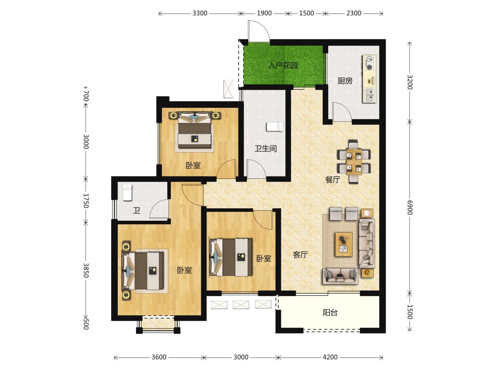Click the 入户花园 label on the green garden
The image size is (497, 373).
coord(283,65)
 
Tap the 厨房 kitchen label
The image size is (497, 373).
coord(345,81)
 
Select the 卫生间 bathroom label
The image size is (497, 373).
coord(266,149)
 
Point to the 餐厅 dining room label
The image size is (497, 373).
coord(333,180)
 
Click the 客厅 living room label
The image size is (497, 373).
coord(300,255)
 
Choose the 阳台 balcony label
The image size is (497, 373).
coord(330,313)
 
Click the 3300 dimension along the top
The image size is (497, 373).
coord(200,13)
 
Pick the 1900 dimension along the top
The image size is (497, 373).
coord(264,13)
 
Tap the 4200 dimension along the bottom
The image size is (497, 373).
coord(330,357)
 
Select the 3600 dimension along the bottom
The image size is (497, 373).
coord(159,357)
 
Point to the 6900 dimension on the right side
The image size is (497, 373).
coord(410,208)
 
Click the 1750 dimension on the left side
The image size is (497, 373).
coord(86,201)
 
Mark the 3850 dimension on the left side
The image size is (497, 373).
coord(86,270)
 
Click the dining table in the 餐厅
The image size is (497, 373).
coord(354,162)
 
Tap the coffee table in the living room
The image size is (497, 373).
coord(344,244)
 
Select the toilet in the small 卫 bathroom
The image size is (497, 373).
coord(127,192)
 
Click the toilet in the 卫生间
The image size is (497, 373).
coord(275,127)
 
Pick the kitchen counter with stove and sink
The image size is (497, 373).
coord(369,79)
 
